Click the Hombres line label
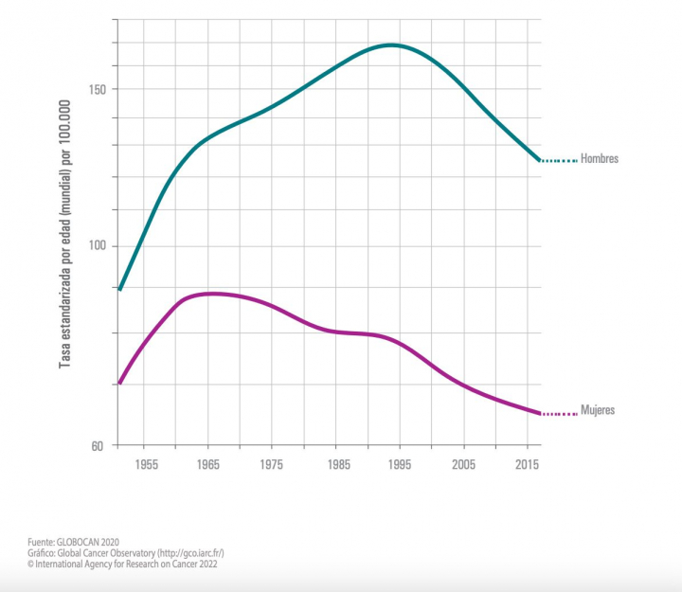(599, 159)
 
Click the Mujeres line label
(598, 410)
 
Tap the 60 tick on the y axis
(98, 445)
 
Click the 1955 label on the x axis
(146, 465)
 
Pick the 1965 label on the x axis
(209, 465)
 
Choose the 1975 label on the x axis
(273, 465)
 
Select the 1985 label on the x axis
(336, 465)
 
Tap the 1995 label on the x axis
(400, 465)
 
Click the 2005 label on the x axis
(463, 465)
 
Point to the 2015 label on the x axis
(527, 465)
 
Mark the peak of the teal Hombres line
(391, 45)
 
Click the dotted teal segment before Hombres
(559, 161)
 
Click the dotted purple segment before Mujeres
(559, 414)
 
